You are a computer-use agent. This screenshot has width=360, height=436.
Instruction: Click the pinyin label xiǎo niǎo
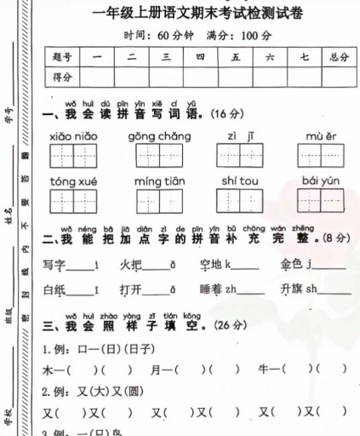(73, 136)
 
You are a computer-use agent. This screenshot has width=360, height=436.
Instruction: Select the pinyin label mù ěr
(319, 136)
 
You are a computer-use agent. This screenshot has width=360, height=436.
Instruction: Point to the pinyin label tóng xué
(72, 182)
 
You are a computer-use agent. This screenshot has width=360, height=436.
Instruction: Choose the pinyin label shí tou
(238, 182)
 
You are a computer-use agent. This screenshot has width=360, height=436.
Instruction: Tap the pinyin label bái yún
(319, 182)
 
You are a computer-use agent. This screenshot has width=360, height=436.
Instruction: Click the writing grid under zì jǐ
(238, 157)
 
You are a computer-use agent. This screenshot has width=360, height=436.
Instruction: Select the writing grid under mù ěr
(319, 157)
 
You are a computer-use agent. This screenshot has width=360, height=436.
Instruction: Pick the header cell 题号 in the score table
(60, 57)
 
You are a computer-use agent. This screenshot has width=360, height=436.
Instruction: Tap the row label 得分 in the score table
(60, 77)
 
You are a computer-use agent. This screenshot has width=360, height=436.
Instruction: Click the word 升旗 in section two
(292, 289)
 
